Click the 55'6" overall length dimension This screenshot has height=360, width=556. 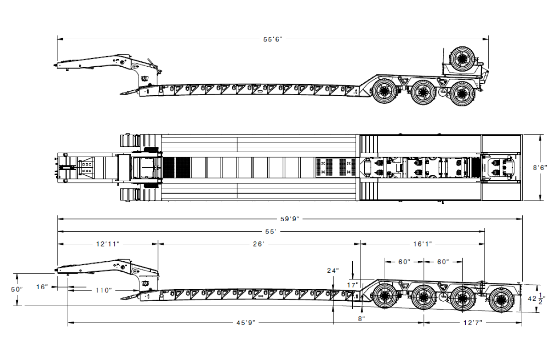click(273, 40)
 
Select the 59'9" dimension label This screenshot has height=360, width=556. click(290, 219)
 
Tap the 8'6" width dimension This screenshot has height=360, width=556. click(540, 168)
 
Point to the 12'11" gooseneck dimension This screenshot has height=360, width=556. click(108, 244)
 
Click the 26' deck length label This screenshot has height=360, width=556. click(258, 244)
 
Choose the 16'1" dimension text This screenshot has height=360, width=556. click(423, 244)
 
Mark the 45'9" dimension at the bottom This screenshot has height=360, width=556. click(246, 323)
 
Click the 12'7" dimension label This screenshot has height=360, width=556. click(473, 323)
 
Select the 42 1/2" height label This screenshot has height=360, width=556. click(536, 299)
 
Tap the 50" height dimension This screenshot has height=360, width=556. click(16, 290)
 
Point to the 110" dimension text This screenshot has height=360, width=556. click(104, 290)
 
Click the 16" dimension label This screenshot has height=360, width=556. click(42, 287)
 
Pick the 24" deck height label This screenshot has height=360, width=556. click(333, 271)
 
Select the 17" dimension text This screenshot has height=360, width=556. click(352, 285)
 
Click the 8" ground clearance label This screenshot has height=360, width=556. click(361, 319)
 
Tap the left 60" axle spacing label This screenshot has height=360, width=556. click(404, 262)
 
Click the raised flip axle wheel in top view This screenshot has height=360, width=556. click(462, 59)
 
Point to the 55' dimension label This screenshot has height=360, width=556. click(270, 232)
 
